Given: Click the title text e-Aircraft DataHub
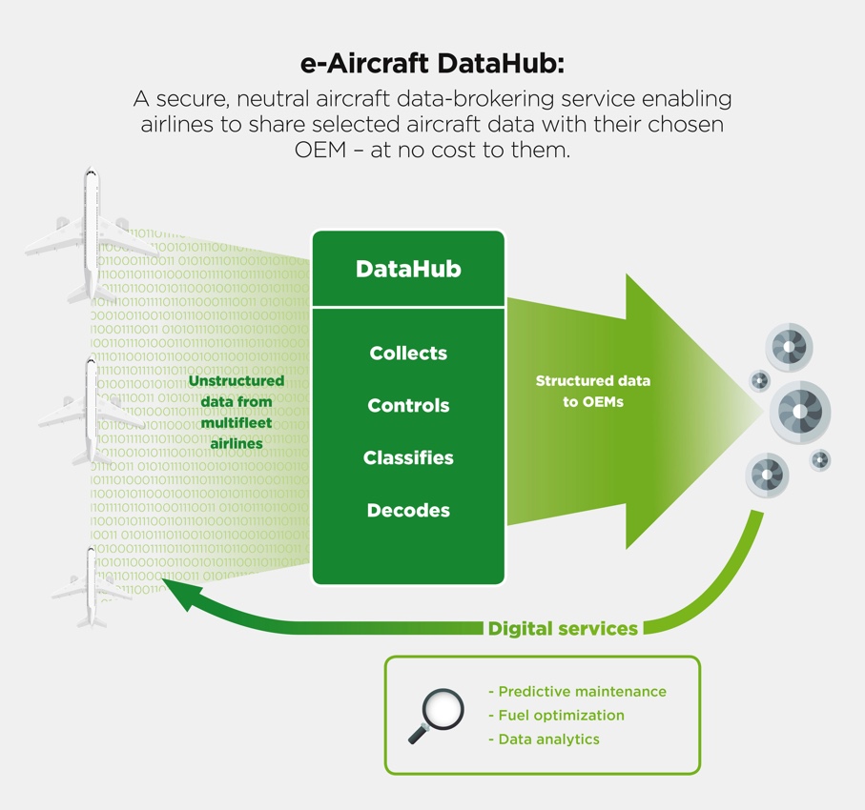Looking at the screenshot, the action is pos(432,64).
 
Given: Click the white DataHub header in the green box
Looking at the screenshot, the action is pos(408,269).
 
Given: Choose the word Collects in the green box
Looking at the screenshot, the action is pos(408,353).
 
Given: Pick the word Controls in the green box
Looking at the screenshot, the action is pos(408,405).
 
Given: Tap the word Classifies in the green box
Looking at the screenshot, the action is pos(408,457).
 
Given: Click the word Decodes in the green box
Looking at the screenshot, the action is pos(408,510).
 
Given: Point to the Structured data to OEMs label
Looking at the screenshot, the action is pos(593,391).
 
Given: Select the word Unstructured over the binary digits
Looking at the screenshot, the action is pos(237,381).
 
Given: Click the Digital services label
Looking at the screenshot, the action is pos(563,629).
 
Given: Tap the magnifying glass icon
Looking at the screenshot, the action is pos(436,716).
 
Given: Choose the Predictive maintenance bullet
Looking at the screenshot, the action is pos(577,692).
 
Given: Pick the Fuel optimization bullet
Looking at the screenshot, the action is pos(556,715).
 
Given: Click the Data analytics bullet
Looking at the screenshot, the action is pos(544,739).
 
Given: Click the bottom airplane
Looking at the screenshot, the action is pos(92,587).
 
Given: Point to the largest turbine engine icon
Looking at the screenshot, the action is pos(800,412).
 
